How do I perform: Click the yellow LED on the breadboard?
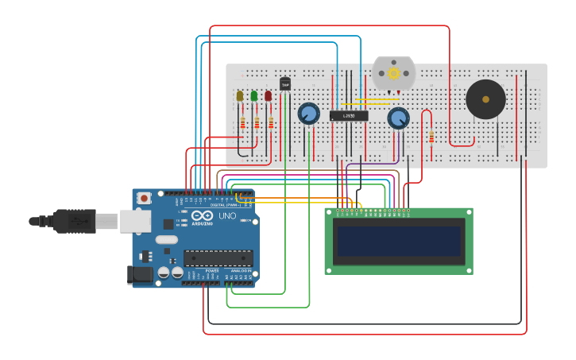pyautogui.click(x=240, y=96)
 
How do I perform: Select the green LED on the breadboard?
pyautogui.click(x=254, y=96)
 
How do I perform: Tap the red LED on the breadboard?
pyautogui.click(x=269, y=96)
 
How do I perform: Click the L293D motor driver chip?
pyautogui.click(x=349, y=116)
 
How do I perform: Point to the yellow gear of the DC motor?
pyautogui.click(x=393, y=73)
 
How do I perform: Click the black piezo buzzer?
pyautogui.click(x=485, y=99)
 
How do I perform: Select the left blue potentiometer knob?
pyautogui.click(x=308, y=114)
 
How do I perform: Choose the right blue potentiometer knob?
pyautogui.click(x=399, y=118)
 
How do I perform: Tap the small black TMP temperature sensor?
pyautogui.click(x=285, y=83)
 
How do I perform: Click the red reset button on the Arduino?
pyautogui.click(x=145, y=198)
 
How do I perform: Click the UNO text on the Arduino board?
pyautogui.click(x=227, y=215)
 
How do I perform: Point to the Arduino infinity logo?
pyautogui.click(x=202, y=215)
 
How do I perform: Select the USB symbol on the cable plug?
pyautogui.click(x=77, y=220)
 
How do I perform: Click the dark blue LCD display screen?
pyautogui.click(x=399, y=242)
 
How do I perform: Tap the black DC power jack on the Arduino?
pyautogui.click(x=139, y=274)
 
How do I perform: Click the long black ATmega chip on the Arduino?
pyautogui.click(x=218, y=257)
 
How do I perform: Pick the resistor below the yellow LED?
pyautogui.click(x=242, y=122)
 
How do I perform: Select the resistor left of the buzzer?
pyautogui.click(x=431, y=137)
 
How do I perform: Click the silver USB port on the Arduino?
pyautogui.click(x=135, y=221)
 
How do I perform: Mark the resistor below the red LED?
pyautogui.click(x=271, y=122)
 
